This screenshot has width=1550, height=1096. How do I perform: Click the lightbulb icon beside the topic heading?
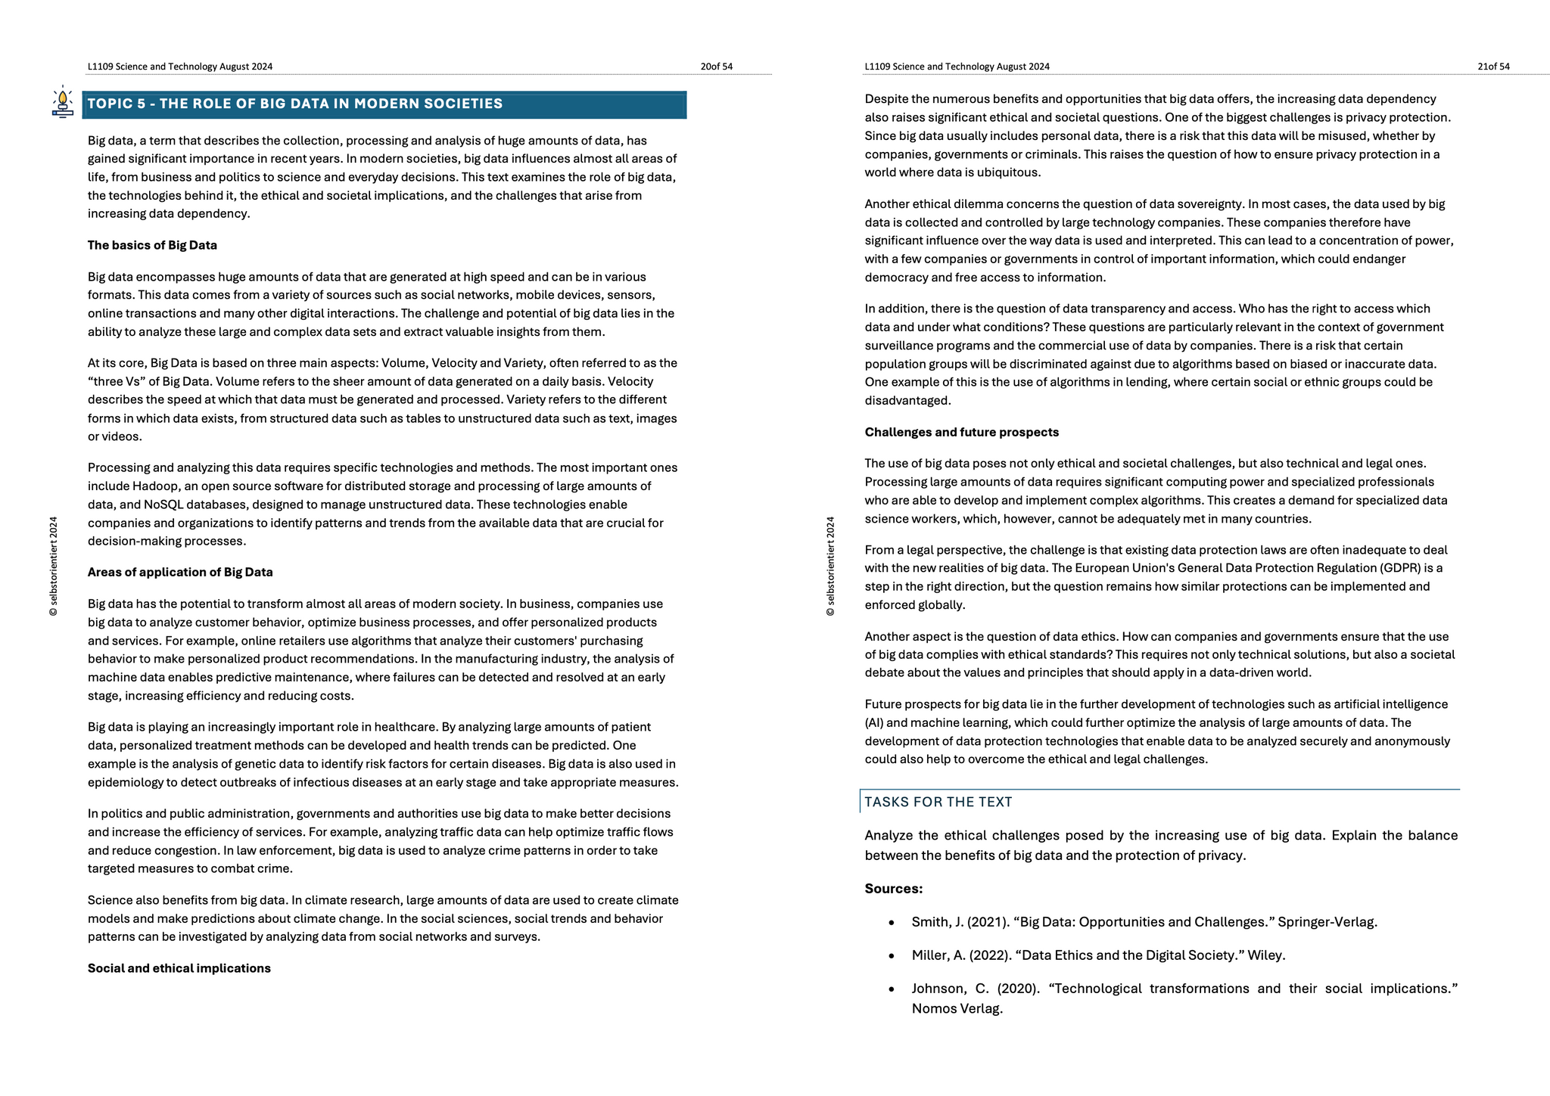[x=63, y=103]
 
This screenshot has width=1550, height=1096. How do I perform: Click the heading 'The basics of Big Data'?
[x=152, y=245]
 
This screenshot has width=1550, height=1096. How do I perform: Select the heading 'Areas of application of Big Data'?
[x=180, y=572]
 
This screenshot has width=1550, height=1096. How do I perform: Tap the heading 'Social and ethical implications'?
[x=179, y=968]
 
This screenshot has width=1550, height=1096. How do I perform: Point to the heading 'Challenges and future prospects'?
[x=961, y=432]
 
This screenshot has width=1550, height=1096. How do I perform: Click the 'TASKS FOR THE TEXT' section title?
[x=938, y=802]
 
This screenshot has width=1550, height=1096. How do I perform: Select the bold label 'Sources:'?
[x=893, y=889]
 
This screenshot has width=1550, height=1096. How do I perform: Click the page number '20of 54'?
[x=716, y=67]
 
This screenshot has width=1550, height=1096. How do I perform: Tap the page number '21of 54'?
[x=1493, y=67]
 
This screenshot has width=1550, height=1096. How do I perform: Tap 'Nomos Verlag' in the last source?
[x=956, y=1008]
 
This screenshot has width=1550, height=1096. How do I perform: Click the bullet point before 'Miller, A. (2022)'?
[x=892, y=956]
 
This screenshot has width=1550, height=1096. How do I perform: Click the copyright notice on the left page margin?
[x=53, y=566]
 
